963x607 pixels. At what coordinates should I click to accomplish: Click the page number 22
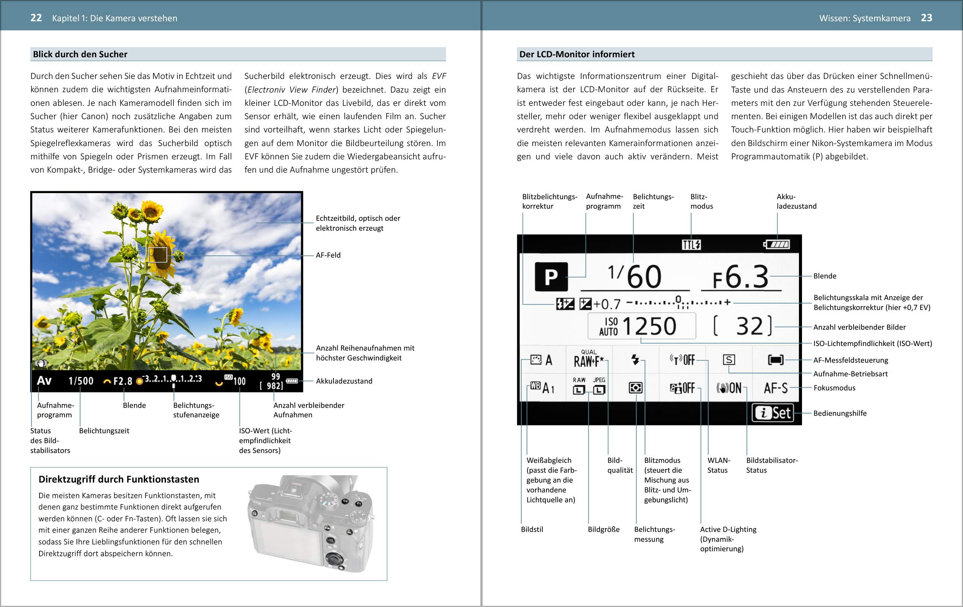coord(36,18)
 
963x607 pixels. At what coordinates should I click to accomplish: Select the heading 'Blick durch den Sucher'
coord(80,54)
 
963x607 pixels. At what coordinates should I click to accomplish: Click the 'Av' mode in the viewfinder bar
coord(44,381)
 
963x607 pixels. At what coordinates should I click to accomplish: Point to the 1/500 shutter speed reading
coord(81,381)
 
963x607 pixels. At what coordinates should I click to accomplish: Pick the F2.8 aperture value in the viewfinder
coord(122,381)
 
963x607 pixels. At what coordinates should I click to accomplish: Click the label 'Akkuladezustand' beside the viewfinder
coord(344,381)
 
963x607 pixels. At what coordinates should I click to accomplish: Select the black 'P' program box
coord(551,277)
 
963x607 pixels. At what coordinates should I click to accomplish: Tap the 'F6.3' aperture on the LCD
coord(740,277)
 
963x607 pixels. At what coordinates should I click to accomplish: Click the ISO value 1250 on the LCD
coord(649,327)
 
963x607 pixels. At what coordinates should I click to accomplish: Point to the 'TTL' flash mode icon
coord(691,245)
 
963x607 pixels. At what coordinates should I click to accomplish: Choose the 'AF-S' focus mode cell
coord(775,388)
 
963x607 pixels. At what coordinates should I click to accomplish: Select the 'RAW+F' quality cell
coord(589,360)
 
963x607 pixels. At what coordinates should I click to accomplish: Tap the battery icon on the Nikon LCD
coord(777,244)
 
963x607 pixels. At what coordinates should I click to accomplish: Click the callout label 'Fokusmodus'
coord(834,388)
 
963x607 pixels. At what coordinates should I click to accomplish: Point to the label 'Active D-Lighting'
coord(728,530)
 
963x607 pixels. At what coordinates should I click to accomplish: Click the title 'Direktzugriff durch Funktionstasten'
coord(119,480)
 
